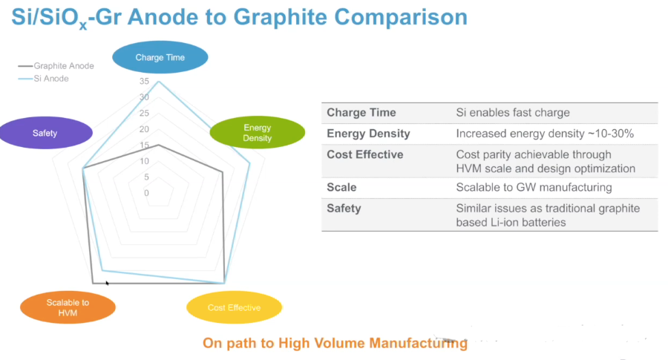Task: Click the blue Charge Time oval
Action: [x=160, y=57]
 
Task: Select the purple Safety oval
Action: [x=45, y=134]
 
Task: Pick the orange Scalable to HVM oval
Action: [x=68, y=307]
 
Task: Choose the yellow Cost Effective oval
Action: [x=234, y=307]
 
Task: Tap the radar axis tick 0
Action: [x=146, y=193]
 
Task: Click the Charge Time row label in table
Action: [x=361, y=113]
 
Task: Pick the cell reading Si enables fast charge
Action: [x=513, y=113]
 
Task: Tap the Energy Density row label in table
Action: [x=368, y=134]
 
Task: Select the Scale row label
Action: [x=341, y=188]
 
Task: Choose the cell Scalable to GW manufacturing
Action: [x=534, y=188]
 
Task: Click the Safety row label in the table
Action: [x=344, y=209]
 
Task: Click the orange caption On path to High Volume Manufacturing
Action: [x=335, y=343]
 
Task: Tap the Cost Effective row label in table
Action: [x=365, y=154]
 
